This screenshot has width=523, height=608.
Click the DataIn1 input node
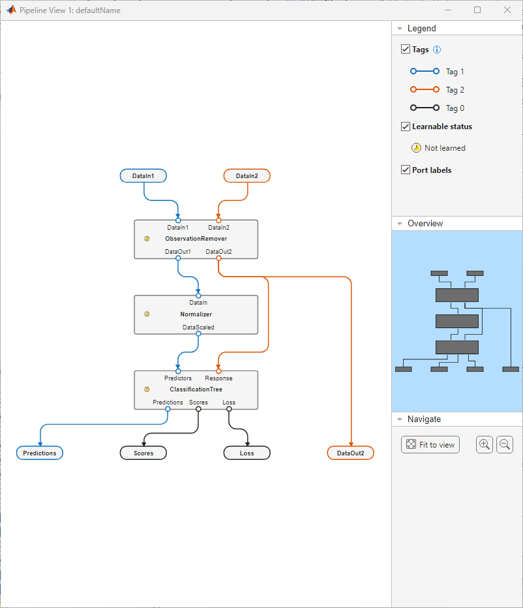click(x=143, y=175)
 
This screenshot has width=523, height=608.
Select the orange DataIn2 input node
click(x=247, y=175)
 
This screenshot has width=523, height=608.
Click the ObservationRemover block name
click(x=196, y=239)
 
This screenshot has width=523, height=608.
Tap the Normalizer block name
click(x=196, y=314)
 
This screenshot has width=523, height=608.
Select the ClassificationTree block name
click(x=196, y=389)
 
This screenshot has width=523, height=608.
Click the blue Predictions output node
click(x=40, y=453)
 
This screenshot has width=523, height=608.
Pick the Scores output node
click(x=143, y=453)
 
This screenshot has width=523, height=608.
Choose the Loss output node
click(x=247, y=453)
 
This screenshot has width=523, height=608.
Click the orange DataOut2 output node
click(x=350, y=453)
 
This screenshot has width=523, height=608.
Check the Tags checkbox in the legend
click(x=406, y=50)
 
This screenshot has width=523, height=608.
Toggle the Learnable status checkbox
click(x=406, y=127)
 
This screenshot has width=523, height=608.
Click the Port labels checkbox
click(x=406, y=170)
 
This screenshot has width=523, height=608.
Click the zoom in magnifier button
click(x=485, y=444)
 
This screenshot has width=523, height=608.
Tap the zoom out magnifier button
click(x=505, y=444)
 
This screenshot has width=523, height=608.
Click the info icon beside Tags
click(x=437, y=50)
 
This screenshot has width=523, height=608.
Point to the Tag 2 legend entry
click(x=455, y=90)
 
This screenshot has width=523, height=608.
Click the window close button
click(x=507, y=10)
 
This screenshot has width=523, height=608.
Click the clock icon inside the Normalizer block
click(x=147, y=314)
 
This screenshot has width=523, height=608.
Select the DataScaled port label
click(x=198, y=327)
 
